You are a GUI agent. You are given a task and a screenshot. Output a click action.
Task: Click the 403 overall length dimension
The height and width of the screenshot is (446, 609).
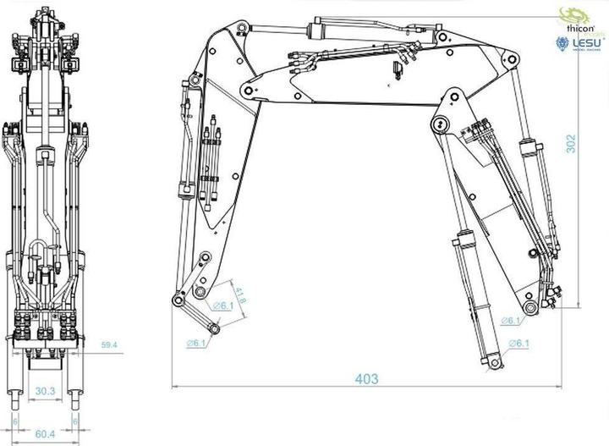tap(366, 379)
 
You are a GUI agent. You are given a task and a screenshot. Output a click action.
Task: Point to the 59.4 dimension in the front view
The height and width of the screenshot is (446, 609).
tap(108, 345)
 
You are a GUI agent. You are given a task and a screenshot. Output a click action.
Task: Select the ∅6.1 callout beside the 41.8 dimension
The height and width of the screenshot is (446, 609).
tap(222, 306)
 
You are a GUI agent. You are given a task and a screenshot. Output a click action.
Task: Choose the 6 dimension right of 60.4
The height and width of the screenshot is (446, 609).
tap(75, 421)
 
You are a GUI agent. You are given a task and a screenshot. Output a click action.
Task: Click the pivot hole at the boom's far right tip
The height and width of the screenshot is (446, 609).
tap(510, 59)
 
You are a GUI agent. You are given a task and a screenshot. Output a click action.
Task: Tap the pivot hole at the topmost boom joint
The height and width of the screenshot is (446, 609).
tap(242, 30)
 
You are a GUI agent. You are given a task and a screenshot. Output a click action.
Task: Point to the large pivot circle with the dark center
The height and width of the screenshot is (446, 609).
tap(438, 125)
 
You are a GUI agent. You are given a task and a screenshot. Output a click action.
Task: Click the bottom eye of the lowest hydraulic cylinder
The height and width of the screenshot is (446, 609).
tap(489, 363)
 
